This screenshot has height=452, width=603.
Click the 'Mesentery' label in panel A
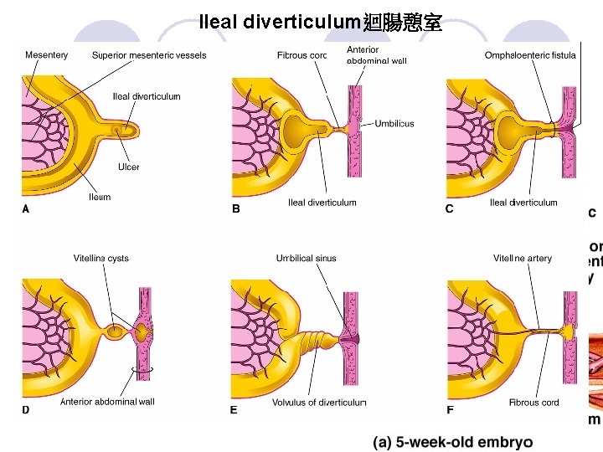(46, 55)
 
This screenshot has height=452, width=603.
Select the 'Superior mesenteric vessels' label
(149, 55)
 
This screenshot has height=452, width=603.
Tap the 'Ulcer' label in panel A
(128, 167)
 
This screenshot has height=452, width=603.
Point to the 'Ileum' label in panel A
(100, 198)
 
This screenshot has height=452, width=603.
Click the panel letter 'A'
(26, 209)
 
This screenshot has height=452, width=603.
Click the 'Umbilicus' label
(394, 124)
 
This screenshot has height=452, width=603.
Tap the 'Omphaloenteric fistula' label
(530, 55)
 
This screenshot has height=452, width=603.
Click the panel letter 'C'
(449, 209)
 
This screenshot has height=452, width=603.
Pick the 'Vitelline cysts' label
(100, 258)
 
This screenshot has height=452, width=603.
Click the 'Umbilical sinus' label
(306, 258)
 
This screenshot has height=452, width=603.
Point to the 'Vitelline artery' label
(522, 258)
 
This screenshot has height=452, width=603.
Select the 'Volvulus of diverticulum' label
(319, 403)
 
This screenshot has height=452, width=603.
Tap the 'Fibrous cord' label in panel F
(533, 403)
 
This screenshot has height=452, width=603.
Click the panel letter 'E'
(234, 410)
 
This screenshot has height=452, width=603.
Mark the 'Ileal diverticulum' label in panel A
(147, 96)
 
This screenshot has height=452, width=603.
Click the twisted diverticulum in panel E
(318, 342)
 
